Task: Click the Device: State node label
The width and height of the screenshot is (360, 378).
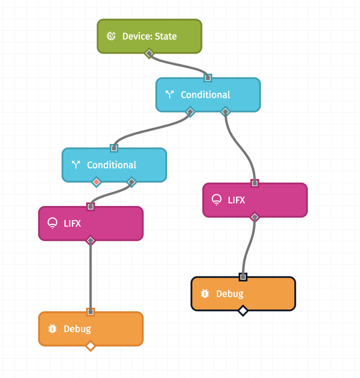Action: [149, 36]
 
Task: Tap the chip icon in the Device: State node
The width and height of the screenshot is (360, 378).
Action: [111, 36]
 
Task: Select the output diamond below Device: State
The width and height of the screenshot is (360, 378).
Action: [149, 53]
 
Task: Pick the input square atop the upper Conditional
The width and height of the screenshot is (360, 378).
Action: [208, 78]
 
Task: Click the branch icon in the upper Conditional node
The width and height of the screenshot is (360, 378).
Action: [170, 94]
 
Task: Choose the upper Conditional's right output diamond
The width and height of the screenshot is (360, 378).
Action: [225, 112]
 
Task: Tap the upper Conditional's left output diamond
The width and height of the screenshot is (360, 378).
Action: [190, 112]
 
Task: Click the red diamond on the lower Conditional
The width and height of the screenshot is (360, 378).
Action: [97, 182]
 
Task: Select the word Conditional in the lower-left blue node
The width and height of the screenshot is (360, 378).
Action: [112, 165]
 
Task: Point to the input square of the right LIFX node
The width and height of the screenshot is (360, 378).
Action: [255, 183]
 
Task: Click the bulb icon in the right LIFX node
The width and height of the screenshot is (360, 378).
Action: [217, 200]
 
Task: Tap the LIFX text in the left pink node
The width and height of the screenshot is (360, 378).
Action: [72, 223]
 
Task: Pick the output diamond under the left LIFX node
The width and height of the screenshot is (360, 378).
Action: [91, 240]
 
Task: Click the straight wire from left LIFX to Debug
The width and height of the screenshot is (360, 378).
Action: [91, 276]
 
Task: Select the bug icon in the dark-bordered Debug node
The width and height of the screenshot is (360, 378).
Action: [205, 294]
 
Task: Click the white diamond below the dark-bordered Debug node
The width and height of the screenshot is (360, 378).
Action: [243, 311]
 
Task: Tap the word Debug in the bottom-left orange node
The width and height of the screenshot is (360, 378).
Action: [77, 329]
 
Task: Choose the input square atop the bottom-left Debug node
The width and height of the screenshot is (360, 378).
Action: [91, 312]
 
